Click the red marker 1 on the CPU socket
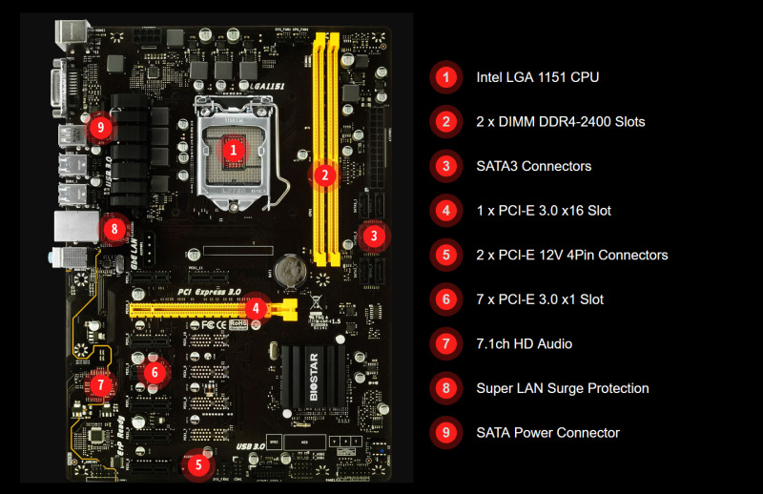tap(233, 149)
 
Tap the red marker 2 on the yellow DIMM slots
tap(324, 174)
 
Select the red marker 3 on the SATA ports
tap(374, 235)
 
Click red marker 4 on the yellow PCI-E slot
tap(255, 308)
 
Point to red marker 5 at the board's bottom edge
tap(197, 465)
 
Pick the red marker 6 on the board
tap(155, 372)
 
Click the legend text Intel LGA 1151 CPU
tap(538, 77)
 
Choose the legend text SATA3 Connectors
tap(533, 166)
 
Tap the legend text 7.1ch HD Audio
tap(525, 343)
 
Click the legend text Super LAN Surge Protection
tap(563, 388)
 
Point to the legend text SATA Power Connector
tap(547, 432)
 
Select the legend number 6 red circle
tap(445, 299)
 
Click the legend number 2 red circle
tap(445, 122)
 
